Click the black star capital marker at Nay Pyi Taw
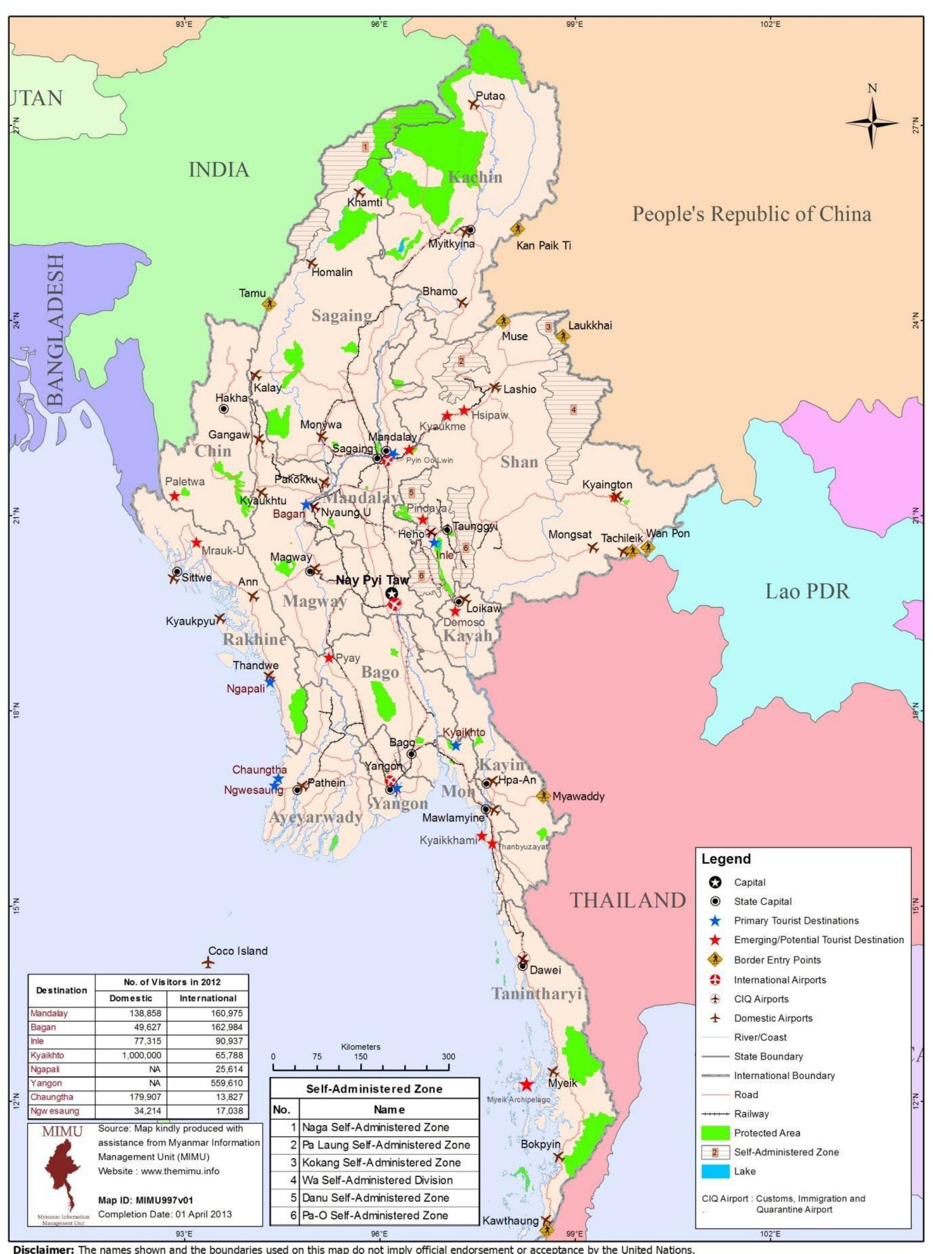tap(391, 593)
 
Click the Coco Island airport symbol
tap(208, 962)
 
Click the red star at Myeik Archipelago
tap(526, 1085)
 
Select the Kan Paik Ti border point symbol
tap(516, 228)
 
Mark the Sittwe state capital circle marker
tap(177, 571)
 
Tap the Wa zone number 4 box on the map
tap(573, 410)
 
